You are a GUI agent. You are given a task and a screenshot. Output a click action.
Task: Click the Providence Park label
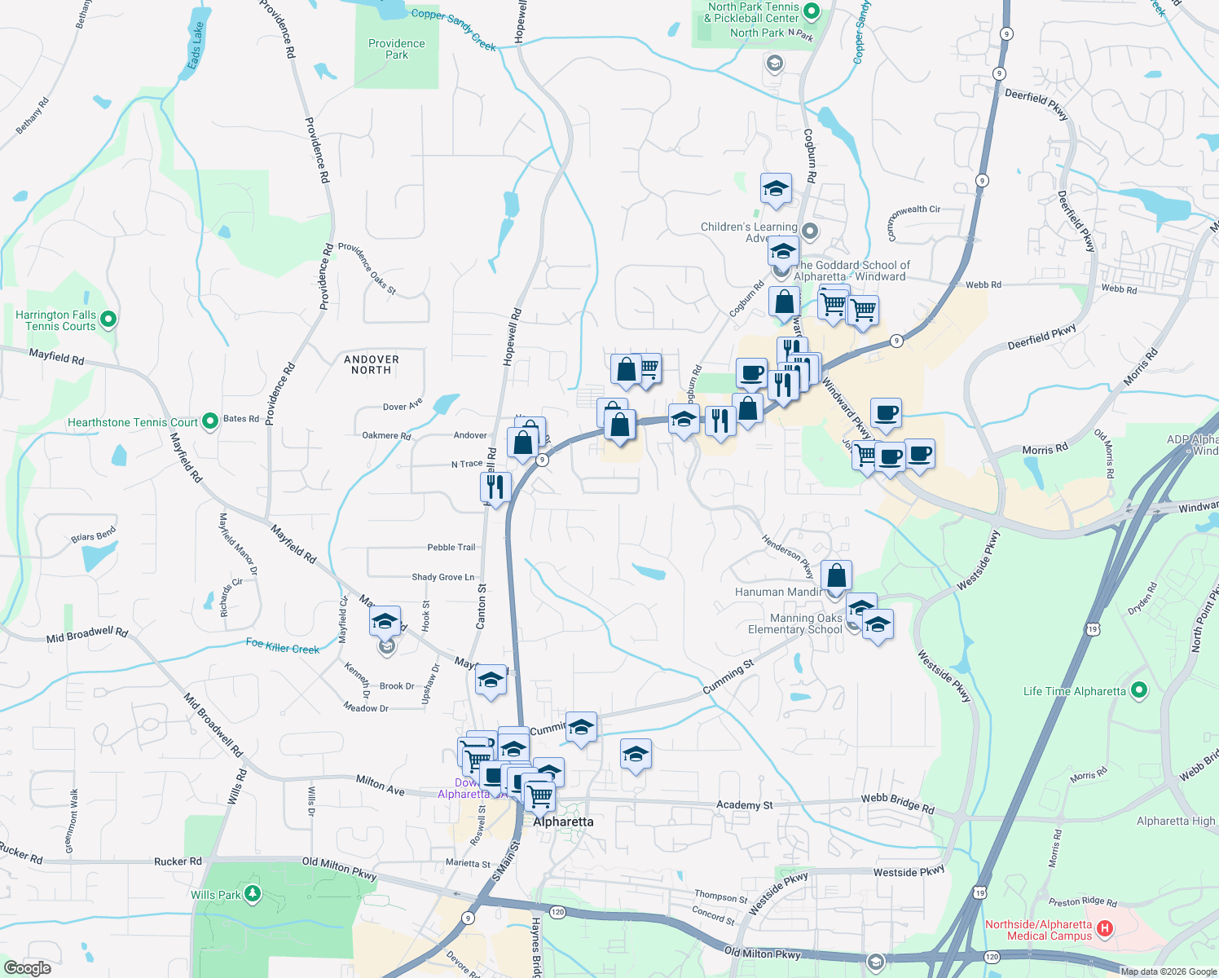tap(396, 49)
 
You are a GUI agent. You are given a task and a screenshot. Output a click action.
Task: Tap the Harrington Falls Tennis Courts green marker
tap(108, 319)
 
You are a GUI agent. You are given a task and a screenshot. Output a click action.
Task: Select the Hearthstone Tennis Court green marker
tap(210, 421)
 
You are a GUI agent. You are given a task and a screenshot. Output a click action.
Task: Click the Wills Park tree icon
tap(253, 894)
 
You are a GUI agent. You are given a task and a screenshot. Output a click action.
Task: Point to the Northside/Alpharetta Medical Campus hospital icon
tap(1105, 928)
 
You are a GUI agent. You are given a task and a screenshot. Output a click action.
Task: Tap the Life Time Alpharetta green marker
tap(1139, 691)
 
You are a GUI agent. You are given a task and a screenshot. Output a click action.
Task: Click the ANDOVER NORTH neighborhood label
tap(372, 364)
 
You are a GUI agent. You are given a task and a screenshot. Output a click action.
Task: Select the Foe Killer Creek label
tap(283, 646)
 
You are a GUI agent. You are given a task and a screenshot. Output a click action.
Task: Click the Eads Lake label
tap(195, 46)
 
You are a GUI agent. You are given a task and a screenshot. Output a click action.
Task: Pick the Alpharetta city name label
tap(563, 822)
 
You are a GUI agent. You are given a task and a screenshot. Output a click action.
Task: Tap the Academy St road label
tap(744, 805)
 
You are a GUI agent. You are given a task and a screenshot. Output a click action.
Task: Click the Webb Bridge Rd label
tap(897, 803)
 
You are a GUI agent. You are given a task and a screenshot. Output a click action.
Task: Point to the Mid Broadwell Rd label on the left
tap(87, 635)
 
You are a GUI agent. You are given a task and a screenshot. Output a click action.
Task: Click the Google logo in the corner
tap(27, 967)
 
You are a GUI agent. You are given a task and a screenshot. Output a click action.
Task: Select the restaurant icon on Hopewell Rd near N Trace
tap(495, 487)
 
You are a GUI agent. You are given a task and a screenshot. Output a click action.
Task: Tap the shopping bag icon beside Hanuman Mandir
tap(836, 575)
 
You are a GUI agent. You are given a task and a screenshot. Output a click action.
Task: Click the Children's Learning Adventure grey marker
tap(809, 231)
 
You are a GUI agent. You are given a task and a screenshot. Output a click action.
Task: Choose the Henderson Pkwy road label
tap(787, 556)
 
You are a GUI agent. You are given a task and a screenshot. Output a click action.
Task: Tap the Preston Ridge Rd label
tap(1082, 901)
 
